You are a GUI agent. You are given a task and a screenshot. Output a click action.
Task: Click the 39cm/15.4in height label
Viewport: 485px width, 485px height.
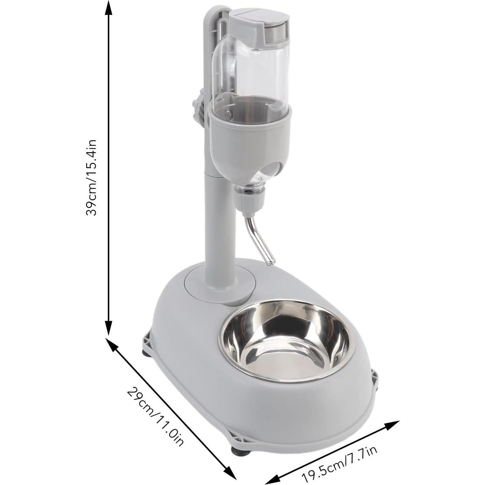pos(91,177)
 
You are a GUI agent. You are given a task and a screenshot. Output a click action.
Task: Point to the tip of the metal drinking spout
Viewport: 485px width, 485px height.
pos(270,262)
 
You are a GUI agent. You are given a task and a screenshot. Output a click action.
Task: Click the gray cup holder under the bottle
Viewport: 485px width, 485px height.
pos(251,137)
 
